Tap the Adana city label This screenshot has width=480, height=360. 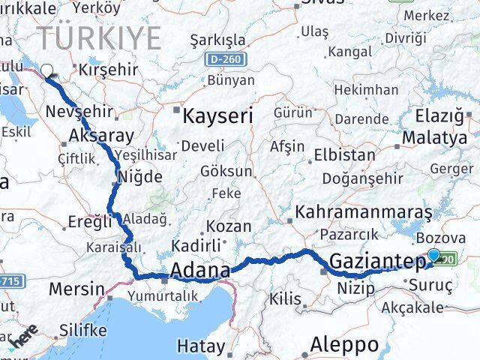point(200,270)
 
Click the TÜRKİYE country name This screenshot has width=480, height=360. point(100,37)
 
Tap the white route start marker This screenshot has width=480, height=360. point(47,71)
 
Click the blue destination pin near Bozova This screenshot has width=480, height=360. point(433,256)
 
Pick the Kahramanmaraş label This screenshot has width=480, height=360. point(364,212)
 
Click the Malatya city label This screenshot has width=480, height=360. point(434,137)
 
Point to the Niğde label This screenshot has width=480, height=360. point(136,178)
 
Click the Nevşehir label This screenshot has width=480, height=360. point(79,112)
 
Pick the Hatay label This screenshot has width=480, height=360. point(200,346)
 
